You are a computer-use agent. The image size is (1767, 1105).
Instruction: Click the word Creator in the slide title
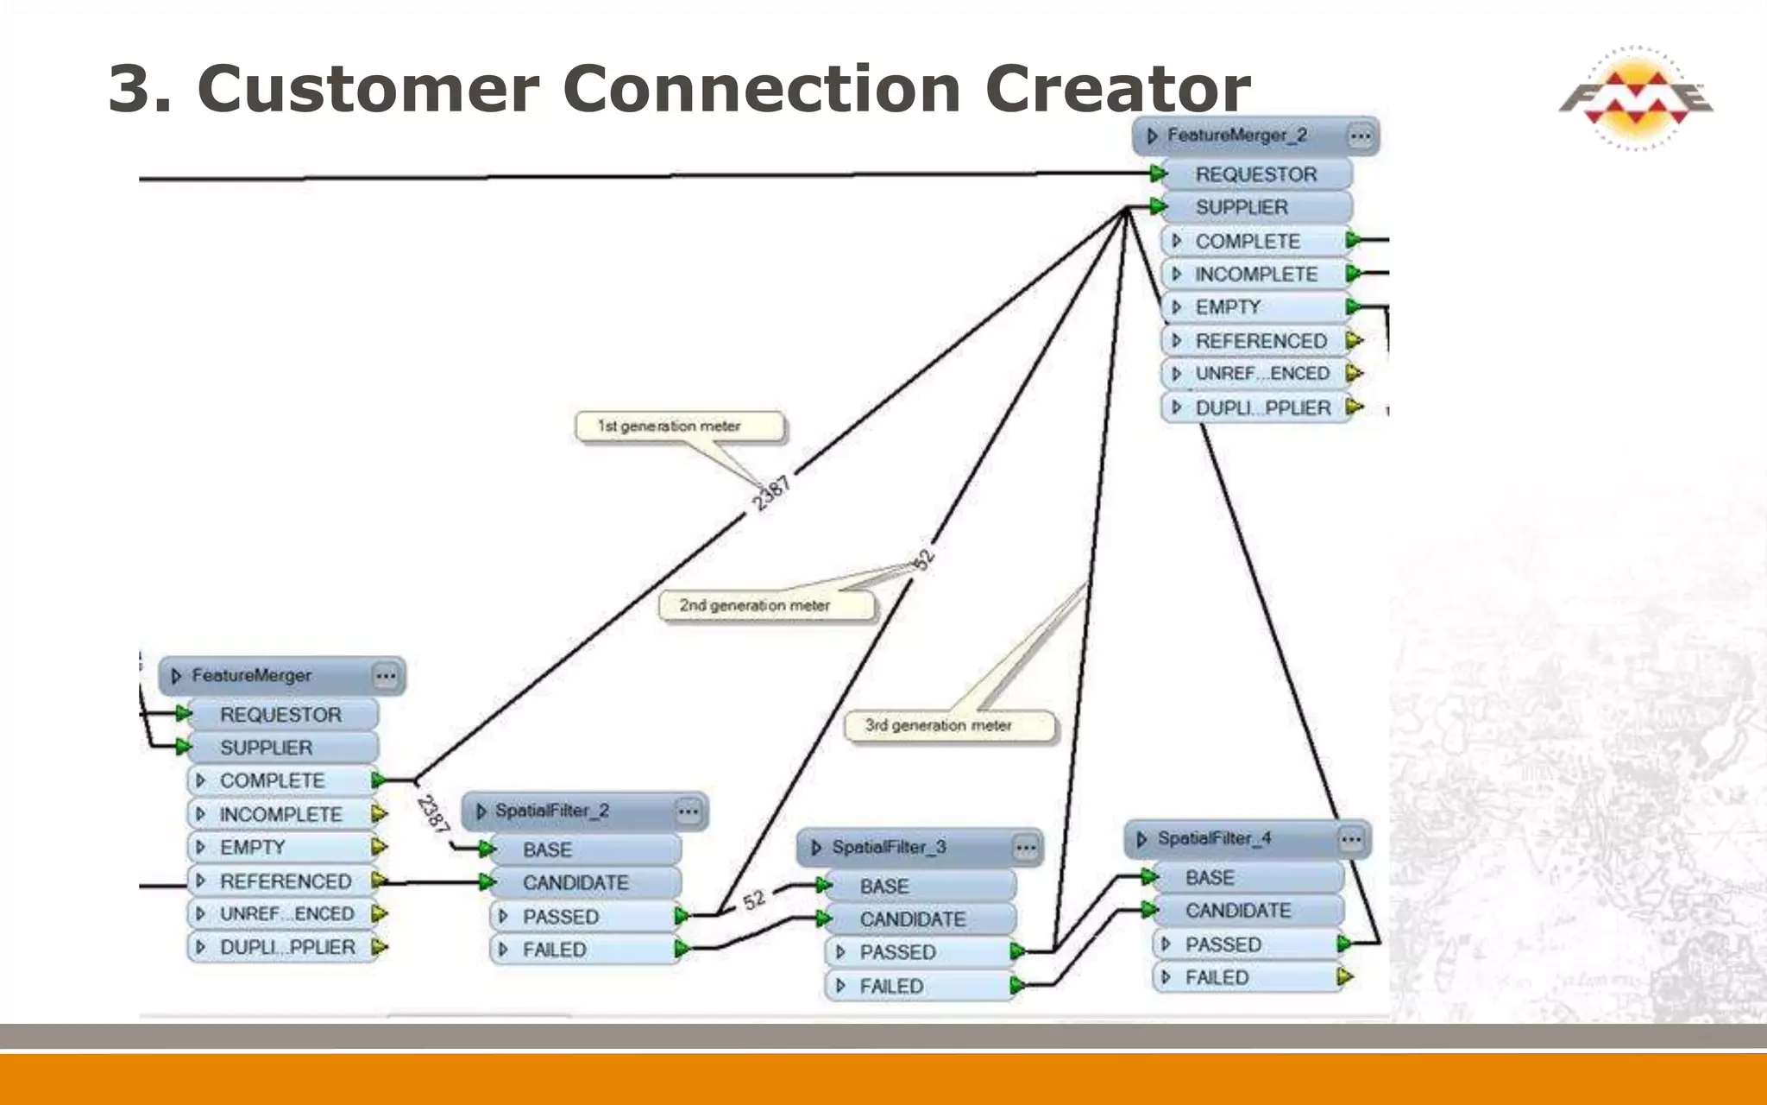1118,89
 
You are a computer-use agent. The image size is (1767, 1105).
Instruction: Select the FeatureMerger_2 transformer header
1239,136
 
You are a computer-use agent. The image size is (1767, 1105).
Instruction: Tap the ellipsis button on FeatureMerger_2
1360,136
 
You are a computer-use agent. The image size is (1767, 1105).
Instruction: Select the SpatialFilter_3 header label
889,848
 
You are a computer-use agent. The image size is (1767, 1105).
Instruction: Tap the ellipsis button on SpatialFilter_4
1351,839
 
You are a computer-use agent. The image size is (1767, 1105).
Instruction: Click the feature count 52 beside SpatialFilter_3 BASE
754,900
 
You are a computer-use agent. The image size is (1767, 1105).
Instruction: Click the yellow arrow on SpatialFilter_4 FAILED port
1344,977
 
